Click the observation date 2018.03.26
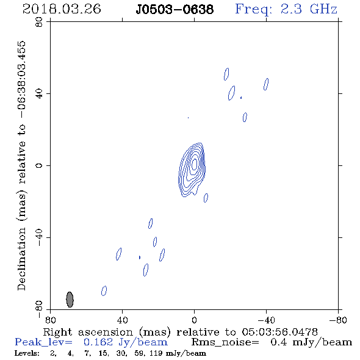click(62, 9)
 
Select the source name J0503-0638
click(175, 9)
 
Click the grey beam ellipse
click(70, 300)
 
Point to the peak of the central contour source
click(195, 164)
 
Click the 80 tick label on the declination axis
click(39, 22)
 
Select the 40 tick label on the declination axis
click(39, 94)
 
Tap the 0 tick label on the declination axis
click(39, 165)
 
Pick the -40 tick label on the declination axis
click(39, 237)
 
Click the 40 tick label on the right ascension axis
click(122, 320)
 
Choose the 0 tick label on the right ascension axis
click(194, 320)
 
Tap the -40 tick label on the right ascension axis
click(266, 320)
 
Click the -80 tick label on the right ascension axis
click(338, 320)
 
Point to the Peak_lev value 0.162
click(98, 342)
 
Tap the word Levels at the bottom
click(27, 353)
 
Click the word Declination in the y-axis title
click(21, 259)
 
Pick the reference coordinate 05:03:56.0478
click(279, 332)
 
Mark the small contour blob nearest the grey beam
click(104, 290)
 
